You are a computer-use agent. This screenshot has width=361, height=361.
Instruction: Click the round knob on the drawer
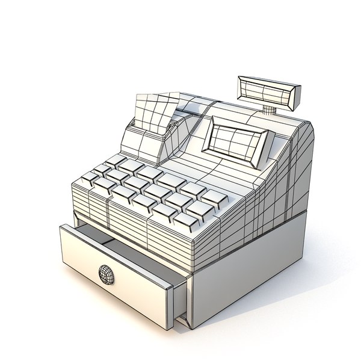point(107,273)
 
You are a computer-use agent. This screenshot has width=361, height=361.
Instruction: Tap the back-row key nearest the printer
point(116,160)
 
